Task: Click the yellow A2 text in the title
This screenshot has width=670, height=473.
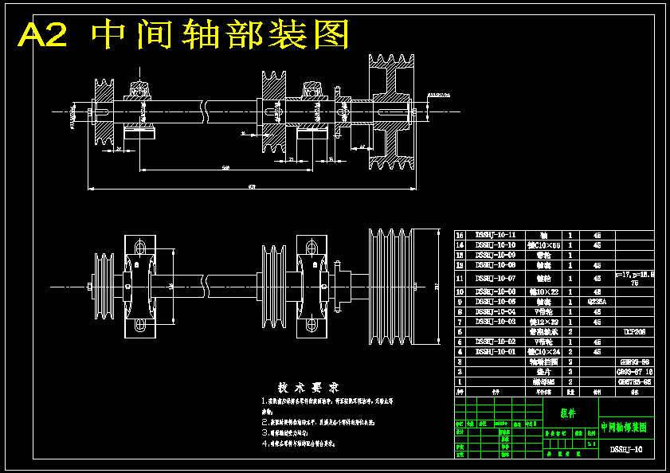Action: point(44,35)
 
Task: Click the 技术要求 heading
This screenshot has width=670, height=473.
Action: point(300,387)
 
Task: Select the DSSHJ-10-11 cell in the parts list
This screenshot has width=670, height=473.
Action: point(496,235)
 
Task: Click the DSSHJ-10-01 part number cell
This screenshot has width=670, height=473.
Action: point(496,350)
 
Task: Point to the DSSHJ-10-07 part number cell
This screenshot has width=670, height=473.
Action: point(496,278)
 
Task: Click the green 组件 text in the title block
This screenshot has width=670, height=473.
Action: point(568,413)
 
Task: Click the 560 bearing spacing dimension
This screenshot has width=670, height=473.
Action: point(226,167)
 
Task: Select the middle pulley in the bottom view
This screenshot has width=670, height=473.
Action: point(274,286)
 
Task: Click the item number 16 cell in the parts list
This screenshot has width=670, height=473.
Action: point(460,235)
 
